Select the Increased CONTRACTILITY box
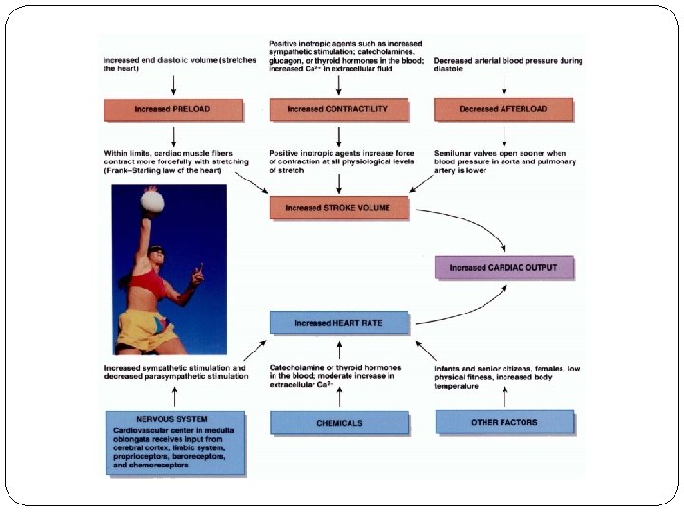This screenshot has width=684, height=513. click(x=340, y=109)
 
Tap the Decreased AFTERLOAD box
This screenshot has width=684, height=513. click(x=503, y=109)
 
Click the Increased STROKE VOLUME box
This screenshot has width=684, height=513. click(x=340, y=207)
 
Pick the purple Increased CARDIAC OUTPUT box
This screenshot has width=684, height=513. click(x=503, y=267)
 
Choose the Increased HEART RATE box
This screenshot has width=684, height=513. click(x=339, y=323)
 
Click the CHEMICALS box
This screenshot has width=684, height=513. click(x=340, y=423)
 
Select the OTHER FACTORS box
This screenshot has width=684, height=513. click(x=504, y=422)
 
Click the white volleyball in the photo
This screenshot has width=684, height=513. click(x=153, y=199)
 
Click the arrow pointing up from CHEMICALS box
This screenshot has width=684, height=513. click(x=340, y=393)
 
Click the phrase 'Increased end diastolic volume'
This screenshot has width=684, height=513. click(x=161, y=61)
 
